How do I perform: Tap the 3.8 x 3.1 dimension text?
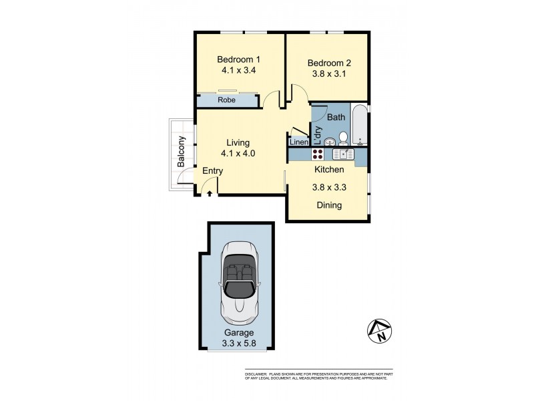pos(328,76)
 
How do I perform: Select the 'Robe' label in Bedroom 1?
pos(228,100)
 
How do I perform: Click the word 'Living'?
pos(238,142)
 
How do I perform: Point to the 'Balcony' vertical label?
pos(180,152)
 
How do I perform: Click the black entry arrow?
pos(210,193)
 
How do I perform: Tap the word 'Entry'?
pos(212,171)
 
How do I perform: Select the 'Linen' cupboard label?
pos(298,142)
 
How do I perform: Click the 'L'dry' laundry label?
pos(318,135)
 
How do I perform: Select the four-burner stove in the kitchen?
pos(318,154)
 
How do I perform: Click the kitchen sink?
pos(344,154)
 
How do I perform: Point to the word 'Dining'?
pos(328,205)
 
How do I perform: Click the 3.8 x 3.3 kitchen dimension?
pos(328,188)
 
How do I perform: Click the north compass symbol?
pos(379,331)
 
